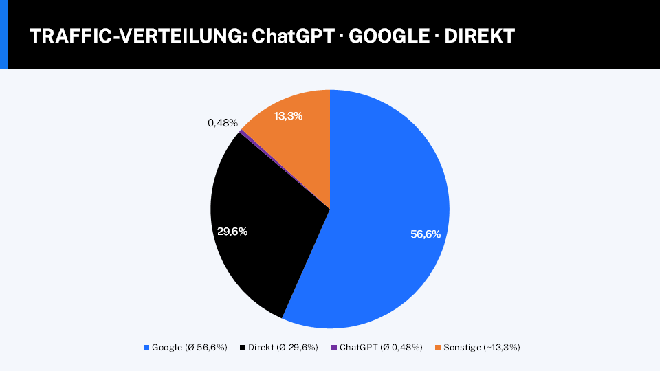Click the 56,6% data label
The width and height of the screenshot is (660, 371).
click(426, 234)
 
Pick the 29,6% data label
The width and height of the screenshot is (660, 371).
click(232, 232)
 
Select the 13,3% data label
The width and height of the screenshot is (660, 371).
click(289, 116)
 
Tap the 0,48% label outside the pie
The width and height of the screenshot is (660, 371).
click(223, 123)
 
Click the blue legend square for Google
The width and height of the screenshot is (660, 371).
click(146, 348)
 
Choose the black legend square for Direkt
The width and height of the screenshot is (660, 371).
click(243, 348)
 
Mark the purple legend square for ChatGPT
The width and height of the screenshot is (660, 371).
click(334, 348)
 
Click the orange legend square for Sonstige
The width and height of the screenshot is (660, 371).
click(438, 348)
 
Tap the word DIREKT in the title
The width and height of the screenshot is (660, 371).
click(480, 36)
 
